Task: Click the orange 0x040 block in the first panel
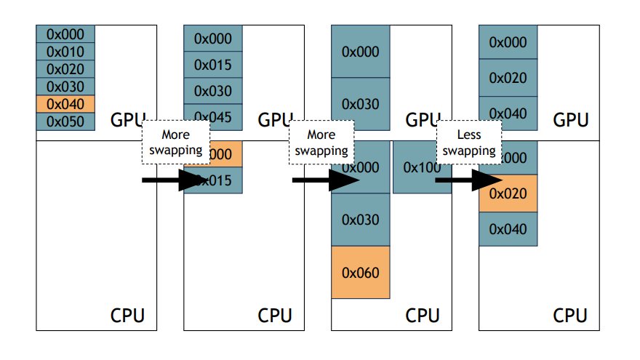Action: point(65,104)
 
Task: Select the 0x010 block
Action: point(65,52)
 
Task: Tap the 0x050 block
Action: point(65,121)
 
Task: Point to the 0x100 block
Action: point(422,167)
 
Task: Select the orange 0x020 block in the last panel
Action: point(508,193)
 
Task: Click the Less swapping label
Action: point(468,143)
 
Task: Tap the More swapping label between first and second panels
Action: point(175,143)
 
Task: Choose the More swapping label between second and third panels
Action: point(322,143)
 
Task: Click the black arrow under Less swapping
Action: point(468,180)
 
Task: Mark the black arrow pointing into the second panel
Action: point(175,180)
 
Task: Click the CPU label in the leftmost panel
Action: point(127,316)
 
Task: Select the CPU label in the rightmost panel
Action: point(571,316)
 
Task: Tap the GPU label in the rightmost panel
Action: point(571,120)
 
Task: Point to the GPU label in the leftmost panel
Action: point(129,120)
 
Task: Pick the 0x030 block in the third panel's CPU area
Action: point(360,219)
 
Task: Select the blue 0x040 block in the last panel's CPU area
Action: point(508,229)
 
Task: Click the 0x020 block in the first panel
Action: point(65,69)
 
